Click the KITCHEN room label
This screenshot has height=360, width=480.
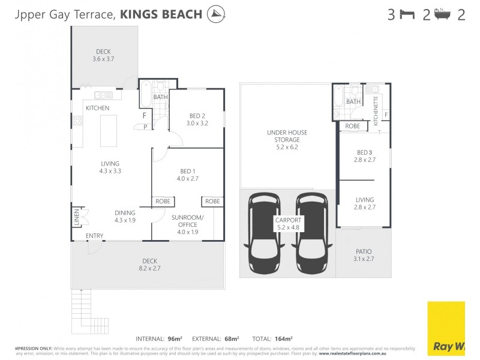coord(97,108)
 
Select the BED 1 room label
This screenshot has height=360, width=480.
coord(182,171)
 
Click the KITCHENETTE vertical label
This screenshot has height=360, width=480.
coord(376,110)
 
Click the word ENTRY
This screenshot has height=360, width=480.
coord(94,236)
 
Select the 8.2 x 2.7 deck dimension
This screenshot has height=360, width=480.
coord(150,269)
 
